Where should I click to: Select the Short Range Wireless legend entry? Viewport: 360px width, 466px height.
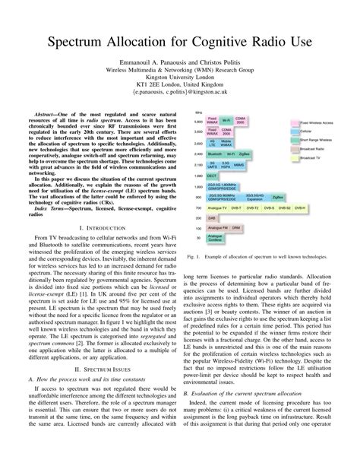click(319, 141)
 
